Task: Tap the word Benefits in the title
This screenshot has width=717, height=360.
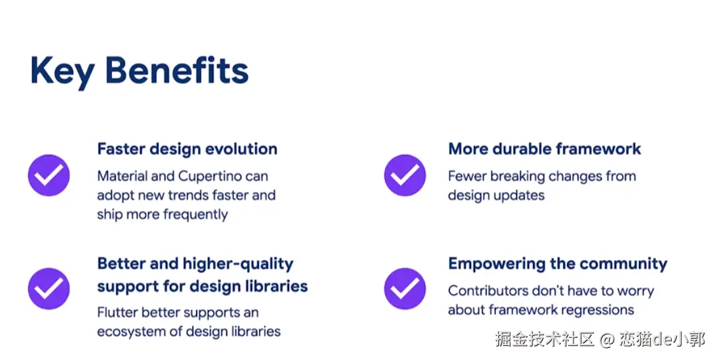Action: (177, 70)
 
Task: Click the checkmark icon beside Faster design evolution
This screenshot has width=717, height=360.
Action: (49, 175)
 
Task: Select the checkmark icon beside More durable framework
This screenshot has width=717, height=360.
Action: (404, 175)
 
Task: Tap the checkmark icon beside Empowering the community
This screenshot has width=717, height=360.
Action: (404, 289)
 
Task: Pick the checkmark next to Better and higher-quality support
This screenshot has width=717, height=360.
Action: (49, 289)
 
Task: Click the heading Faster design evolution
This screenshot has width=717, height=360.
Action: (187, 149)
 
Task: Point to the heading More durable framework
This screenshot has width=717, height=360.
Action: (544, 149)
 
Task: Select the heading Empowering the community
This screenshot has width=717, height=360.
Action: (558, 264)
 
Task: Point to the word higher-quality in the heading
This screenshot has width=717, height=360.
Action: (238, 265)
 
